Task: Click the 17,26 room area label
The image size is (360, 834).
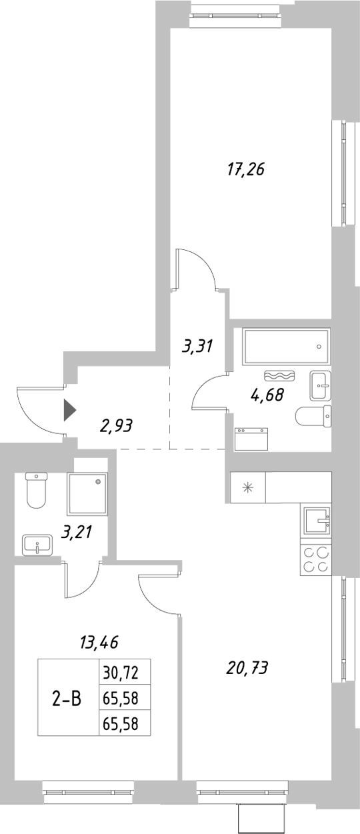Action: click(x=246, y=169)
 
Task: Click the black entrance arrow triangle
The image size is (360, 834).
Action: click(x=69, y=410)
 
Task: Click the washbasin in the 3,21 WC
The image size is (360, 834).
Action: click(x=37, y=544)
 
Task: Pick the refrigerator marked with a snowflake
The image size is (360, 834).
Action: click(x=247, y=488)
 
